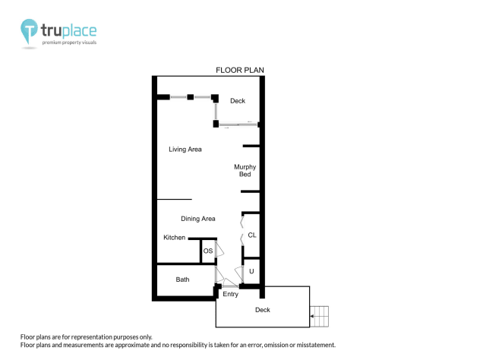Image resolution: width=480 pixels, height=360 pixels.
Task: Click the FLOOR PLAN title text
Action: (239, 71)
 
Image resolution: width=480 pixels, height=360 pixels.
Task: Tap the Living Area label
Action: (185, 149)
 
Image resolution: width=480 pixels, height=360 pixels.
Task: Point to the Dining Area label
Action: (197, 219)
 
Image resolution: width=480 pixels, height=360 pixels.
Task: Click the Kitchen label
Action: (175, 238)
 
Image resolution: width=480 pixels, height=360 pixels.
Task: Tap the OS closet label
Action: (207, 251)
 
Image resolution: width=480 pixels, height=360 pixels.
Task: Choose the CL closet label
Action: (252, 235)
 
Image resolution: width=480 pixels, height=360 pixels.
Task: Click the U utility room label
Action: (251, 271)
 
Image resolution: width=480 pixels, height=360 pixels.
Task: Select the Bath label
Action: (182, 279)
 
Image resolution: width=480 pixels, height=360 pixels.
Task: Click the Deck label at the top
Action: (238, 100)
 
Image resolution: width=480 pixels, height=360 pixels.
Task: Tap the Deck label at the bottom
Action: (262, 310)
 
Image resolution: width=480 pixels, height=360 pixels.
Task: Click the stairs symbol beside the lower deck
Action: (323, 313)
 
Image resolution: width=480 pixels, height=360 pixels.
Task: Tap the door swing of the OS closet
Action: (219, 249)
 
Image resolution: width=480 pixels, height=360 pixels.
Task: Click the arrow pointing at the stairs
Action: (313, 313)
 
